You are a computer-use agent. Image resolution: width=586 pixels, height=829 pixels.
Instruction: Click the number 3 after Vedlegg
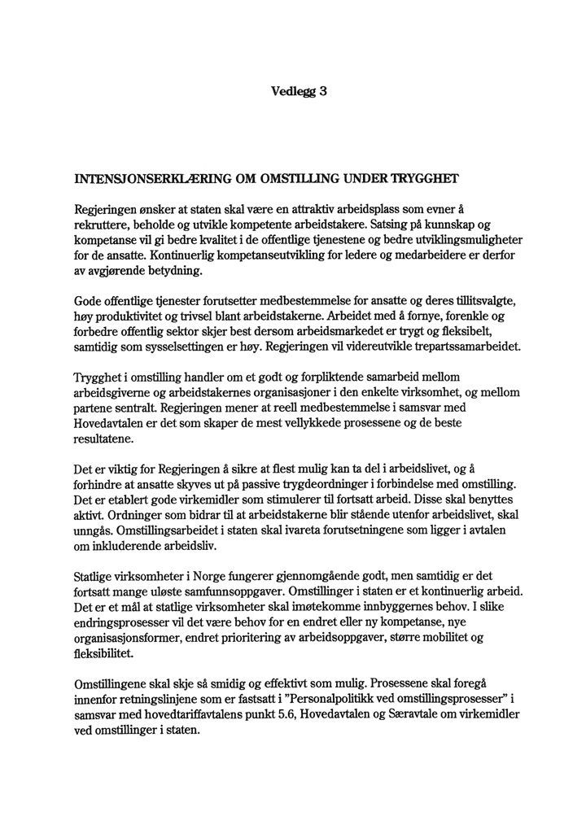coord(323,92)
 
